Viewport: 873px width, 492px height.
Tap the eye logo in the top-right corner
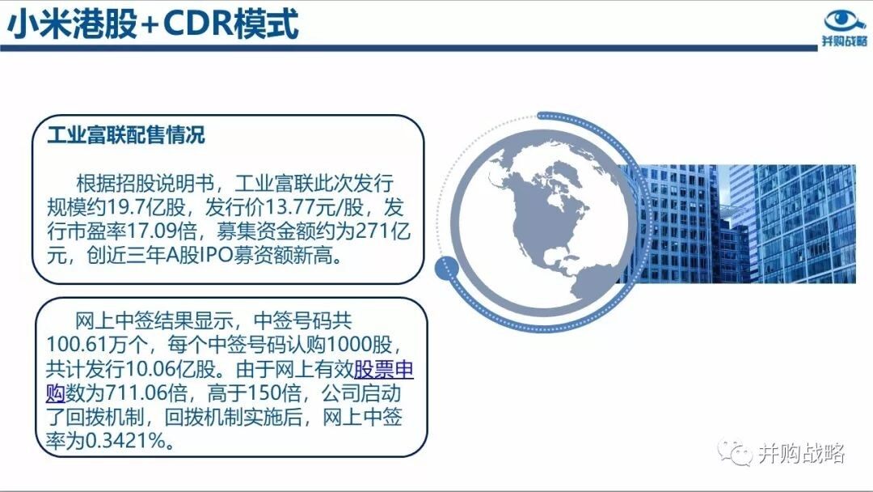846,20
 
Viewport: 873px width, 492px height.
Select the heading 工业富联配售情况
126,134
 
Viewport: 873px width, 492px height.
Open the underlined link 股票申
384,369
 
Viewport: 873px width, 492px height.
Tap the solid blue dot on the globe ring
446,269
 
